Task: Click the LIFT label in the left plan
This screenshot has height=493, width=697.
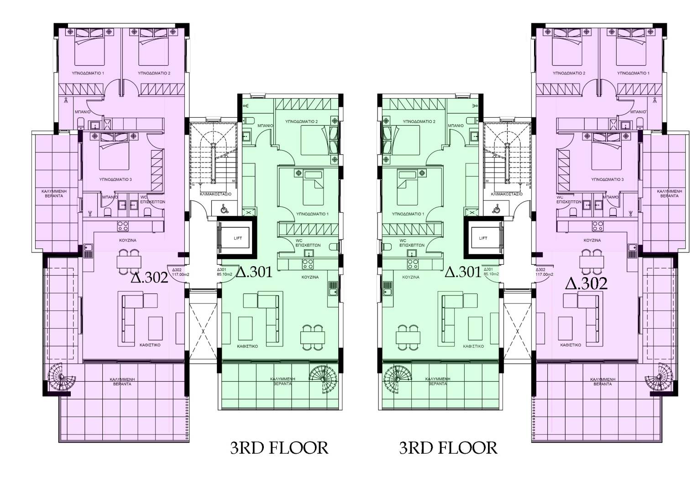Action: (238, 238)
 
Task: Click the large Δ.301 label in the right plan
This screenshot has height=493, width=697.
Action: (463, 272)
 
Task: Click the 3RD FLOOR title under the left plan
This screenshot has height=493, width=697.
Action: (279, 447)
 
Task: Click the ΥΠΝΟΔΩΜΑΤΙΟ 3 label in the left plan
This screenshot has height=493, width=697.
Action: (115, 179)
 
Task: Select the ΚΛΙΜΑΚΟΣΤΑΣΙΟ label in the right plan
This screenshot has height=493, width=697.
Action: (506, 194)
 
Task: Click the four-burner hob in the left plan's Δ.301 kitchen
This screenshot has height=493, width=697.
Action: (308, 264)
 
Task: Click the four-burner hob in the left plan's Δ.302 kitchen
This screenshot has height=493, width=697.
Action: (123, 226)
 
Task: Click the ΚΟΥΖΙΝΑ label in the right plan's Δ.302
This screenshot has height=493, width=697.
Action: (592, 240)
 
